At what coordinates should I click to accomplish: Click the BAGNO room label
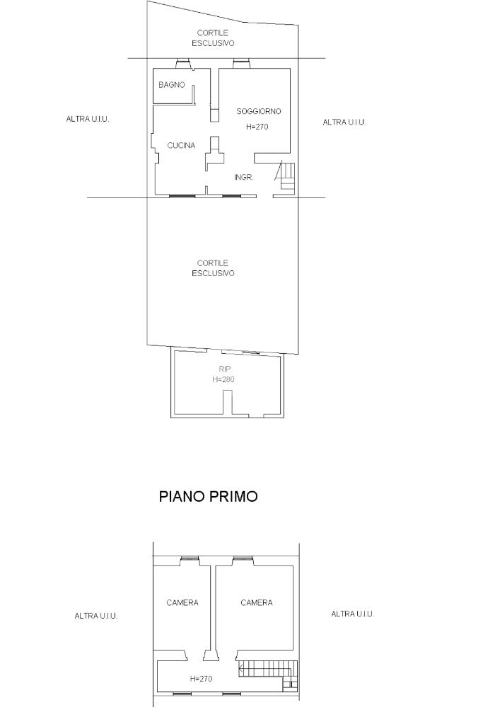point(172,85)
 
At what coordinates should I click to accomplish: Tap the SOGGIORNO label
point(258,111)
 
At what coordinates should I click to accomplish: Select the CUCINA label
point(181,146)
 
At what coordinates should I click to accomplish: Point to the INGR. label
point(243,178)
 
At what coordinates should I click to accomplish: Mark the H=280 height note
point(223,379)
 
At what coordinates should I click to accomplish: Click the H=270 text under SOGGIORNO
point(257,127)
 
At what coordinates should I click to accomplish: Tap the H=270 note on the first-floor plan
point(201,679)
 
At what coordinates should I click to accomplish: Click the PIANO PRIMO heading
point(208,496)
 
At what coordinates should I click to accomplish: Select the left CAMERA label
point(182,602)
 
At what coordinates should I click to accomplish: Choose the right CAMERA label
point(257,602)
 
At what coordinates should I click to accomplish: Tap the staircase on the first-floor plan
point(268,675)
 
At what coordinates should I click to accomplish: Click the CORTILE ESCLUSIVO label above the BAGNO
point(213,38)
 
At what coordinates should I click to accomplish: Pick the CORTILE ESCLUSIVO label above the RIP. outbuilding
point(213,268)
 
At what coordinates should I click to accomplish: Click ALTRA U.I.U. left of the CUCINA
point(88,119)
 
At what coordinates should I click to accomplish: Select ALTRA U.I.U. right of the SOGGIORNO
point(344,122)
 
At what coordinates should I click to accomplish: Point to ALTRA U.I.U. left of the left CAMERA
point(96,616)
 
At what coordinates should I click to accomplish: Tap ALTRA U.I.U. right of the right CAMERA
point(352,614)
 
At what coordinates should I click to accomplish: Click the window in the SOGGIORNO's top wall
point(241,63)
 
